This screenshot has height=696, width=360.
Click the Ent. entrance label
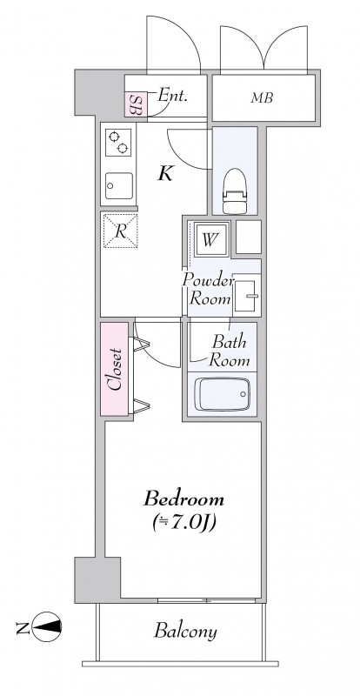[x=173, y=96]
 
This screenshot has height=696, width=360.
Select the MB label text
[x=262, y=98]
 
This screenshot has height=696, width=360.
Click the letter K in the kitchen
[x=165, y=174]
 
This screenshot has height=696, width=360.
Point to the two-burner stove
[x=118, y=143]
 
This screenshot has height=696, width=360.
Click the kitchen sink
[x=118, y=186]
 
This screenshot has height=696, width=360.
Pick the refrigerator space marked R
[x=120, y=231]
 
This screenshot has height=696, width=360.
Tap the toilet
[x=235, y=191]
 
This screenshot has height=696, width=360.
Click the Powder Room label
[x=208, y=290]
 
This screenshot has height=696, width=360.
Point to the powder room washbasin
[x=246, y=294]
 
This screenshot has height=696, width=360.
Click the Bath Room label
[x=229, y=351]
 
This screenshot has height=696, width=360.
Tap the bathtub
[x=222, y=394]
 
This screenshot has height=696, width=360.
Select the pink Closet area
[x=115, y=369]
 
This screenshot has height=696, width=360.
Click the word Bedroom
[x=183, y=499]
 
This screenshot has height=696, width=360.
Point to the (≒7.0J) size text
[x=183, y=523]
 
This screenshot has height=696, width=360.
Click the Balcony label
[x=185, y=631]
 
